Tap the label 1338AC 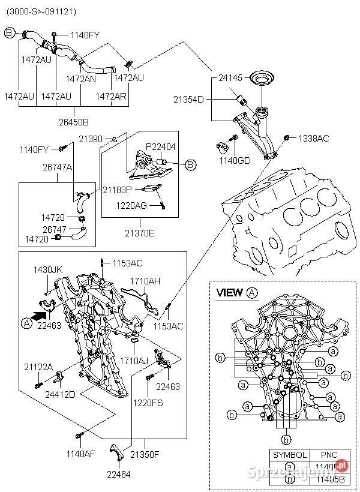pos(314,139)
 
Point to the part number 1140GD pos(235,161)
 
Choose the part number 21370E pos(139,233)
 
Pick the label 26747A pos(58,167)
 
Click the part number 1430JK pos(48,270)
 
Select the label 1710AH pos(145,281)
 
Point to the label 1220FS pos(148,403)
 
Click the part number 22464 pos(118,474)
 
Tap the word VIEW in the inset pos(229,293)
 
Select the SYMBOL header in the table pos(290,455)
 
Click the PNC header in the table pos(329,455)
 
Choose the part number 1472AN pos(80,79)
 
